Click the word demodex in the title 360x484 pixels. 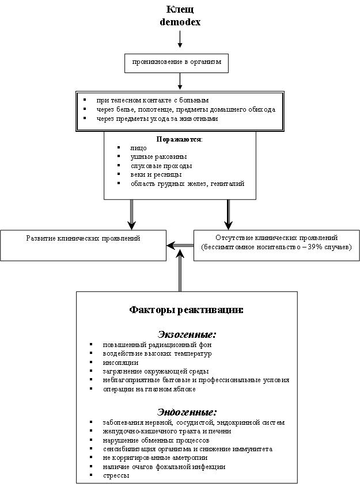(x=180, y=22)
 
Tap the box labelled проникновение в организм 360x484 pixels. (x=176, y=63)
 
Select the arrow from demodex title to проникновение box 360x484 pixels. (x=180, y=39)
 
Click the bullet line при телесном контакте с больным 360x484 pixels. (x=152, y=100)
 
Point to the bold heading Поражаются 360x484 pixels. (x=179, y=139)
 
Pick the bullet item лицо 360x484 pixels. (x=138, y=148)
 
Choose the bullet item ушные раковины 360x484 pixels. (x=158, y=157)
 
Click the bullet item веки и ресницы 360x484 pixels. (x=156, y=175)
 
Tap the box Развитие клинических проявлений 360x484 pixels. (x=83, y=245)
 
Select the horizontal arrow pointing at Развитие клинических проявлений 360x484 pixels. (x=180, y=245)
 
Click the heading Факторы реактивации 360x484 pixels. (x=186, y=310)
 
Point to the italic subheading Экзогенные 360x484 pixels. (x=187, y=334)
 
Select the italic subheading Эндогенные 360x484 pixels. (x=187, y=412)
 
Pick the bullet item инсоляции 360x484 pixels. (x=120, y=363)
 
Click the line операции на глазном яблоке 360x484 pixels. (x=149, y=389)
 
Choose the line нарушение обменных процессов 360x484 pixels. (x=156, y=440)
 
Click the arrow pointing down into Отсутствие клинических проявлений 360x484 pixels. (x=228, y=215)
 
